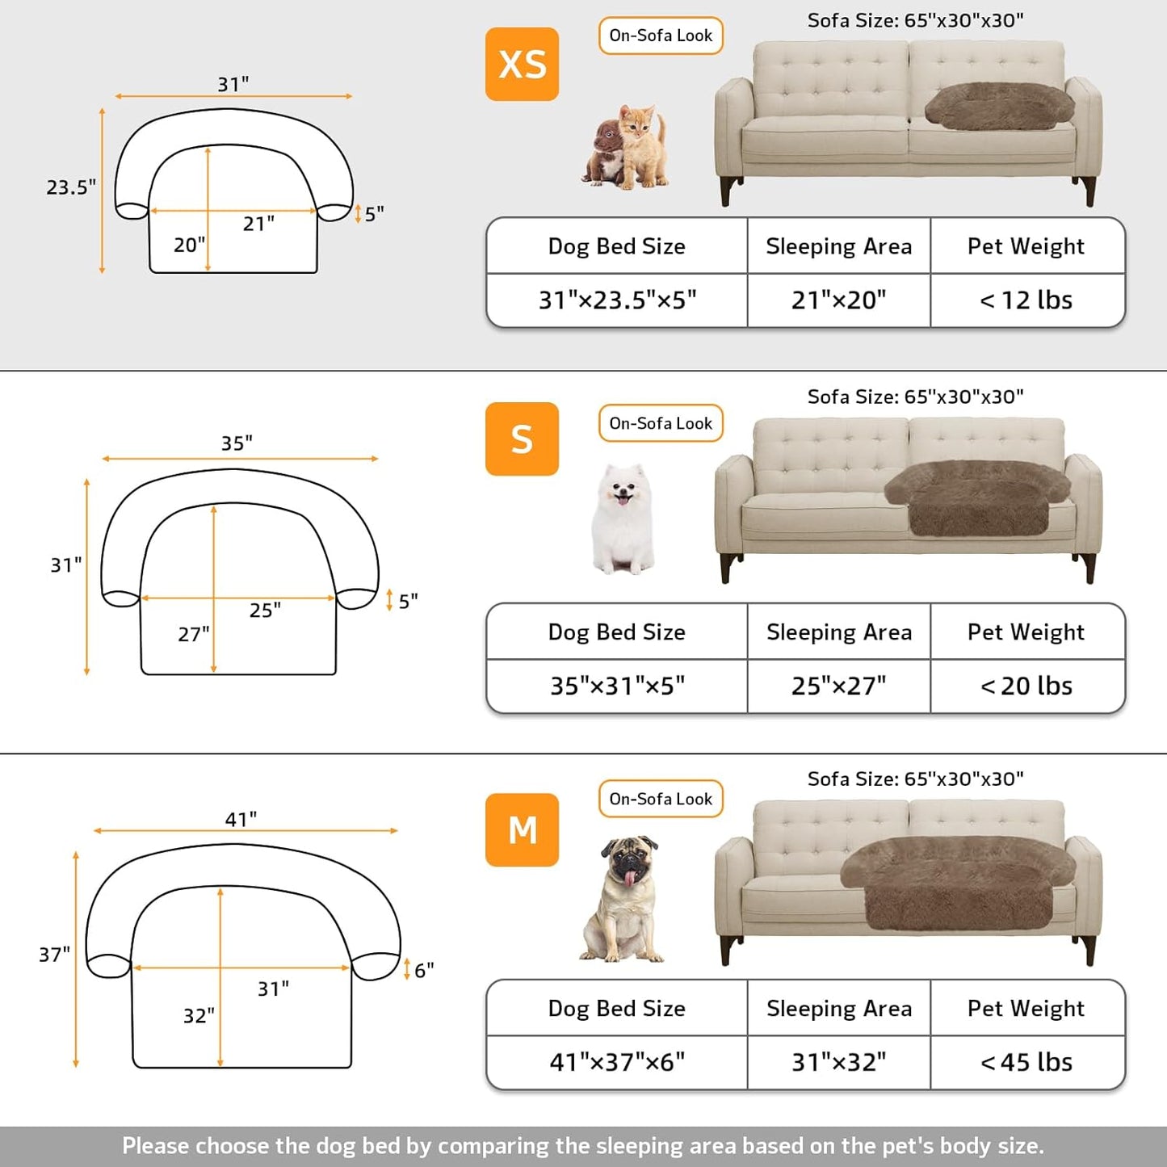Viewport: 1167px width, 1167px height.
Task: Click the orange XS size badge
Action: tap(522, 64)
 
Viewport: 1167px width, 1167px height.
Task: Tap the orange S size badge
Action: tap(522, 439)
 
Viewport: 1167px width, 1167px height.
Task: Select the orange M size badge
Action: tap(522, 829)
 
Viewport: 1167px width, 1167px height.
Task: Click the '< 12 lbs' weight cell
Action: tap(1026, 300)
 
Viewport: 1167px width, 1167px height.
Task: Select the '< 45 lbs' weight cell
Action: tap(1026, 1062)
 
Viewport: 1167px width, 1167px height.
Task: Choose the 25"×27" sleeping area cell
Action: tap(838, 686)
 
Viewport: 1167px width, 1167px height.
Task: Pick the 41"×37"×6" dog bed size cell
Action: tap(617, 1062)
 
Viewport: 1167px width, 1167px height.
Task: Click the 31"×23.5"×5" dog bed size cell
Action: tap(617, 300)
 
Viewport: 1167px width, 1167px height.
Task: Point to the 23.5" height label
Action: tap(71, 187)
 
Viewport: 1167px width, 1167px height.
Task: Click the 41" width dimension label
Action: tap(241, 819)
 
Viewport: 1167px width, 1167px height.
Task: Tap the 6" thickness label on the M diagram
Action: tap(424, 970)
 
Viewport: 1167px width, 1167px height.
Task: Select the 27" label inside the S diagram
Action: tap(194, 634)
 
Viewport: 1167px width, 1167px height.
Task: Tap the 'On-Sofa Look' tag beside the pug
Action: tap(661, 799)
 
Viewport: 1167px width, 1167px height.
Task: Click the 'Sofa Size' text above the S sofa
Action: tap(915, 397)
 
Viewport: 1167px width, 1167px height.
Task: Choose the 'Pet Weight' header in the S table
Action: tap(1026, 632)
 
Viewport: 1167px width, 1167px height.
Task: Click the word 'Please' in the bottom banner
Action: tap(156, 1146)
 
